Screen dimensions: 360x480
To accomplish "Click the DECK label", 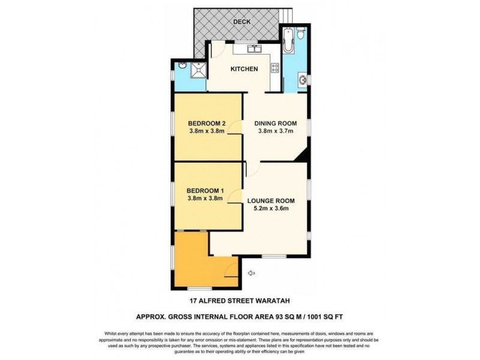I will point(242,22).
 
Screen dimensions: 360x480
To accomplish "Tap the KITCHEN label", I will point(245,69).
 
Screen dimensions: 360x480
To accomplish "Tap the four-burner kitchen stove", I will point(275,70).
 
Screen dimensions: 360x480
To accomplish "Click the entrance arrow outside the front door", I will point(251,274).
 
